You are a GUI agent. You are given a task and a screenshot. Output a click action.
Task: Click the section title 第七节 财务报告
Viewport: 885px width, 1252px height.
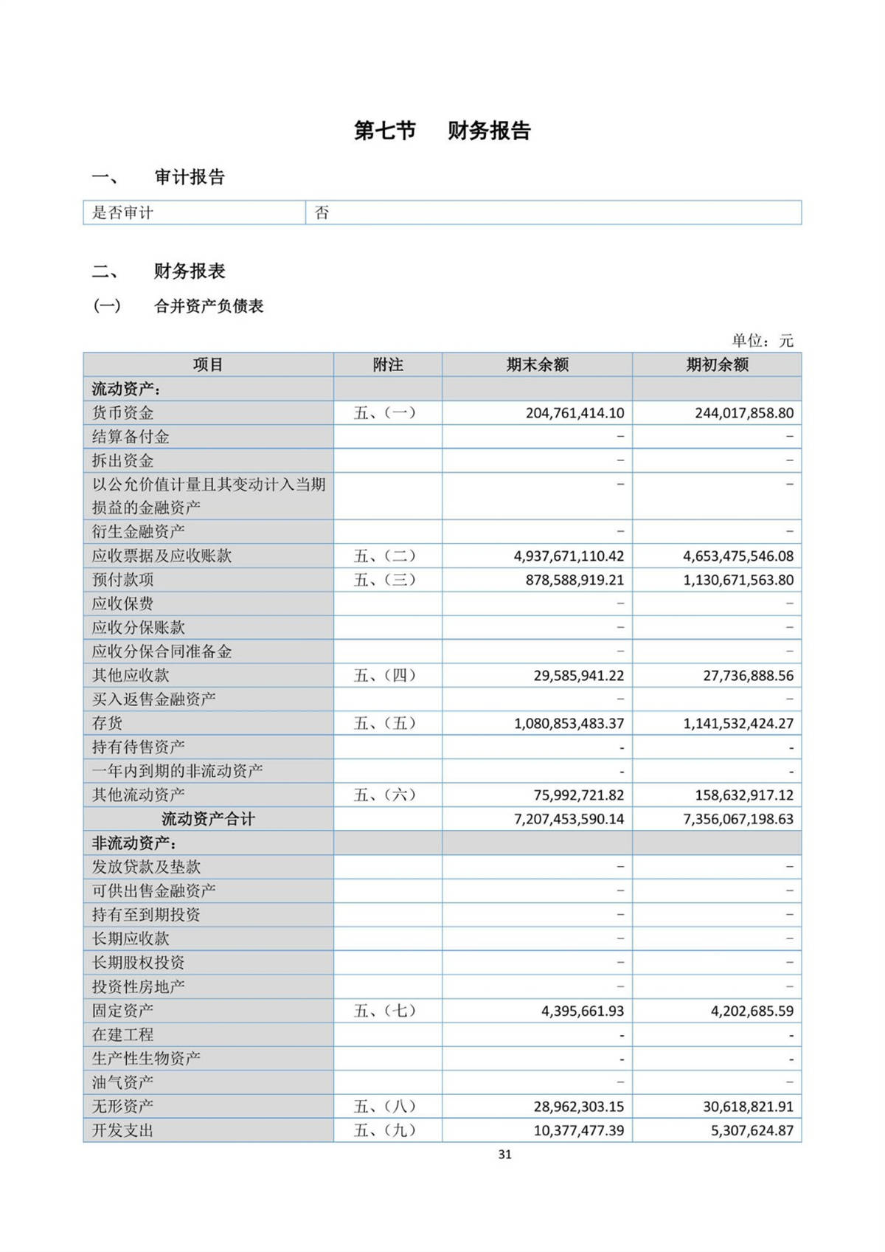442,131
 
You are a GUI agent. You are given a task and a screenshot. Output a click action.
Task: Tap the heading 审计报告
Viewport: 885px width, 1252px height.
189,177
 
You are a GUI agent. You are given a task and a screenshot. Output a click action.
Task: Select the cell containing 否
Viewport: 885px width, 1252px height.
322,213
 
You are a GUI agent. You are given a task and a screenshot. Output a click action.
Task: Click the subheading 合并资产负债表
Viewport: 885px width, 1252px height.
209,306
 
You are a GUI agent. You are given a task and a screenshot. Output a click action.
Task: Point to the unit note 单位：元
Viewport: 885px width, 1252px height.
762,340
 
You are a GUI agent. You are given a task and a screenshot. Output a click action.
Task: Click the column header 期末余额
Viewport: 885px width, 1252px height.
537,364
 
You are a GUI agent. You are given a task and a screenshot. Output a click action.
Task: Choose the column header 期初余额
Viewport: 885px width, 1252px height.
717,364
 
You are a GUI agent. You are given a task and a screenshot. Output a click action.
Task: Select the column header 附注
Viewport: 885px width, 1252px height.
388,364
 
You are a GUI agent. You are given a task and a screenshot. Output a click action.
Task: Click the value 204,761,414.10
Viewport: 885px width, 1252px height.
575,413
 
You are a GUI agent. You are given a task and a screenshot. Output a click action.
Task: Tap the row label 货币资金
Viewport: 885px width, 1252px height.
123,413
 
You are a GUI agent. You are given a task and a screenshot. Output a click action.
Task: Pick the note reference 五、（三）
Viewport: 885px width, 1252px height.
385,580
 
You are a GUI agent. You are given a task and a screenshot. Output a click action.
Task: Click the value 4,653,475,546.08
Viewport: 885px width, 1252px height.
738,556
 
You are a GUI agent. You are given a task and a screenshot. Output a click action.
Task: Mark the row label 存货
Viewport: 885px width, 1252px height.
108,723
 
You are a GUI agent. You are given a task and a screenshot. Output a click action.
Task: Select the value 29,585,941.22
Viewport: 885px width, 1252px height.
578,675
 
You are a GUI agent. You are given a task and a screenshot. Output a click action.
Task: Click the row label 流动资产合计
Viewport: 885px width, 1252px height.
208,819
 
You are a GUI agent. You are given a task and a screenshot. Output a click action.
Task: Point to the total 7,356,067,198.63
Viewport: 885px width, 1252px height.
738,819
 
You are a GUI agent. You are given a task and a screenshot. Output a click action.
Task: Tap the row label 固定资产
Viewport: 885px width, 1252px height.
123,1011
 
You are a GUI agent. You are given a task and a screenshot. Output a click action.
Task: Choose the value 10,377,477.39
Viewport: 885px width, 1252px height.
578,1130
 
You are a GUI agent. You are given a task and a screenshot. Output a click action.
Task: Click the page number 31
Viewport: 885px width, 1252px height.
504,1155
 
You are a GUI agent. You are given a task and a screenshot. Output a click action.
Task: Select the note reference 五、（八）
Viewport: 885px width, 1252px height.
385,1107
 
